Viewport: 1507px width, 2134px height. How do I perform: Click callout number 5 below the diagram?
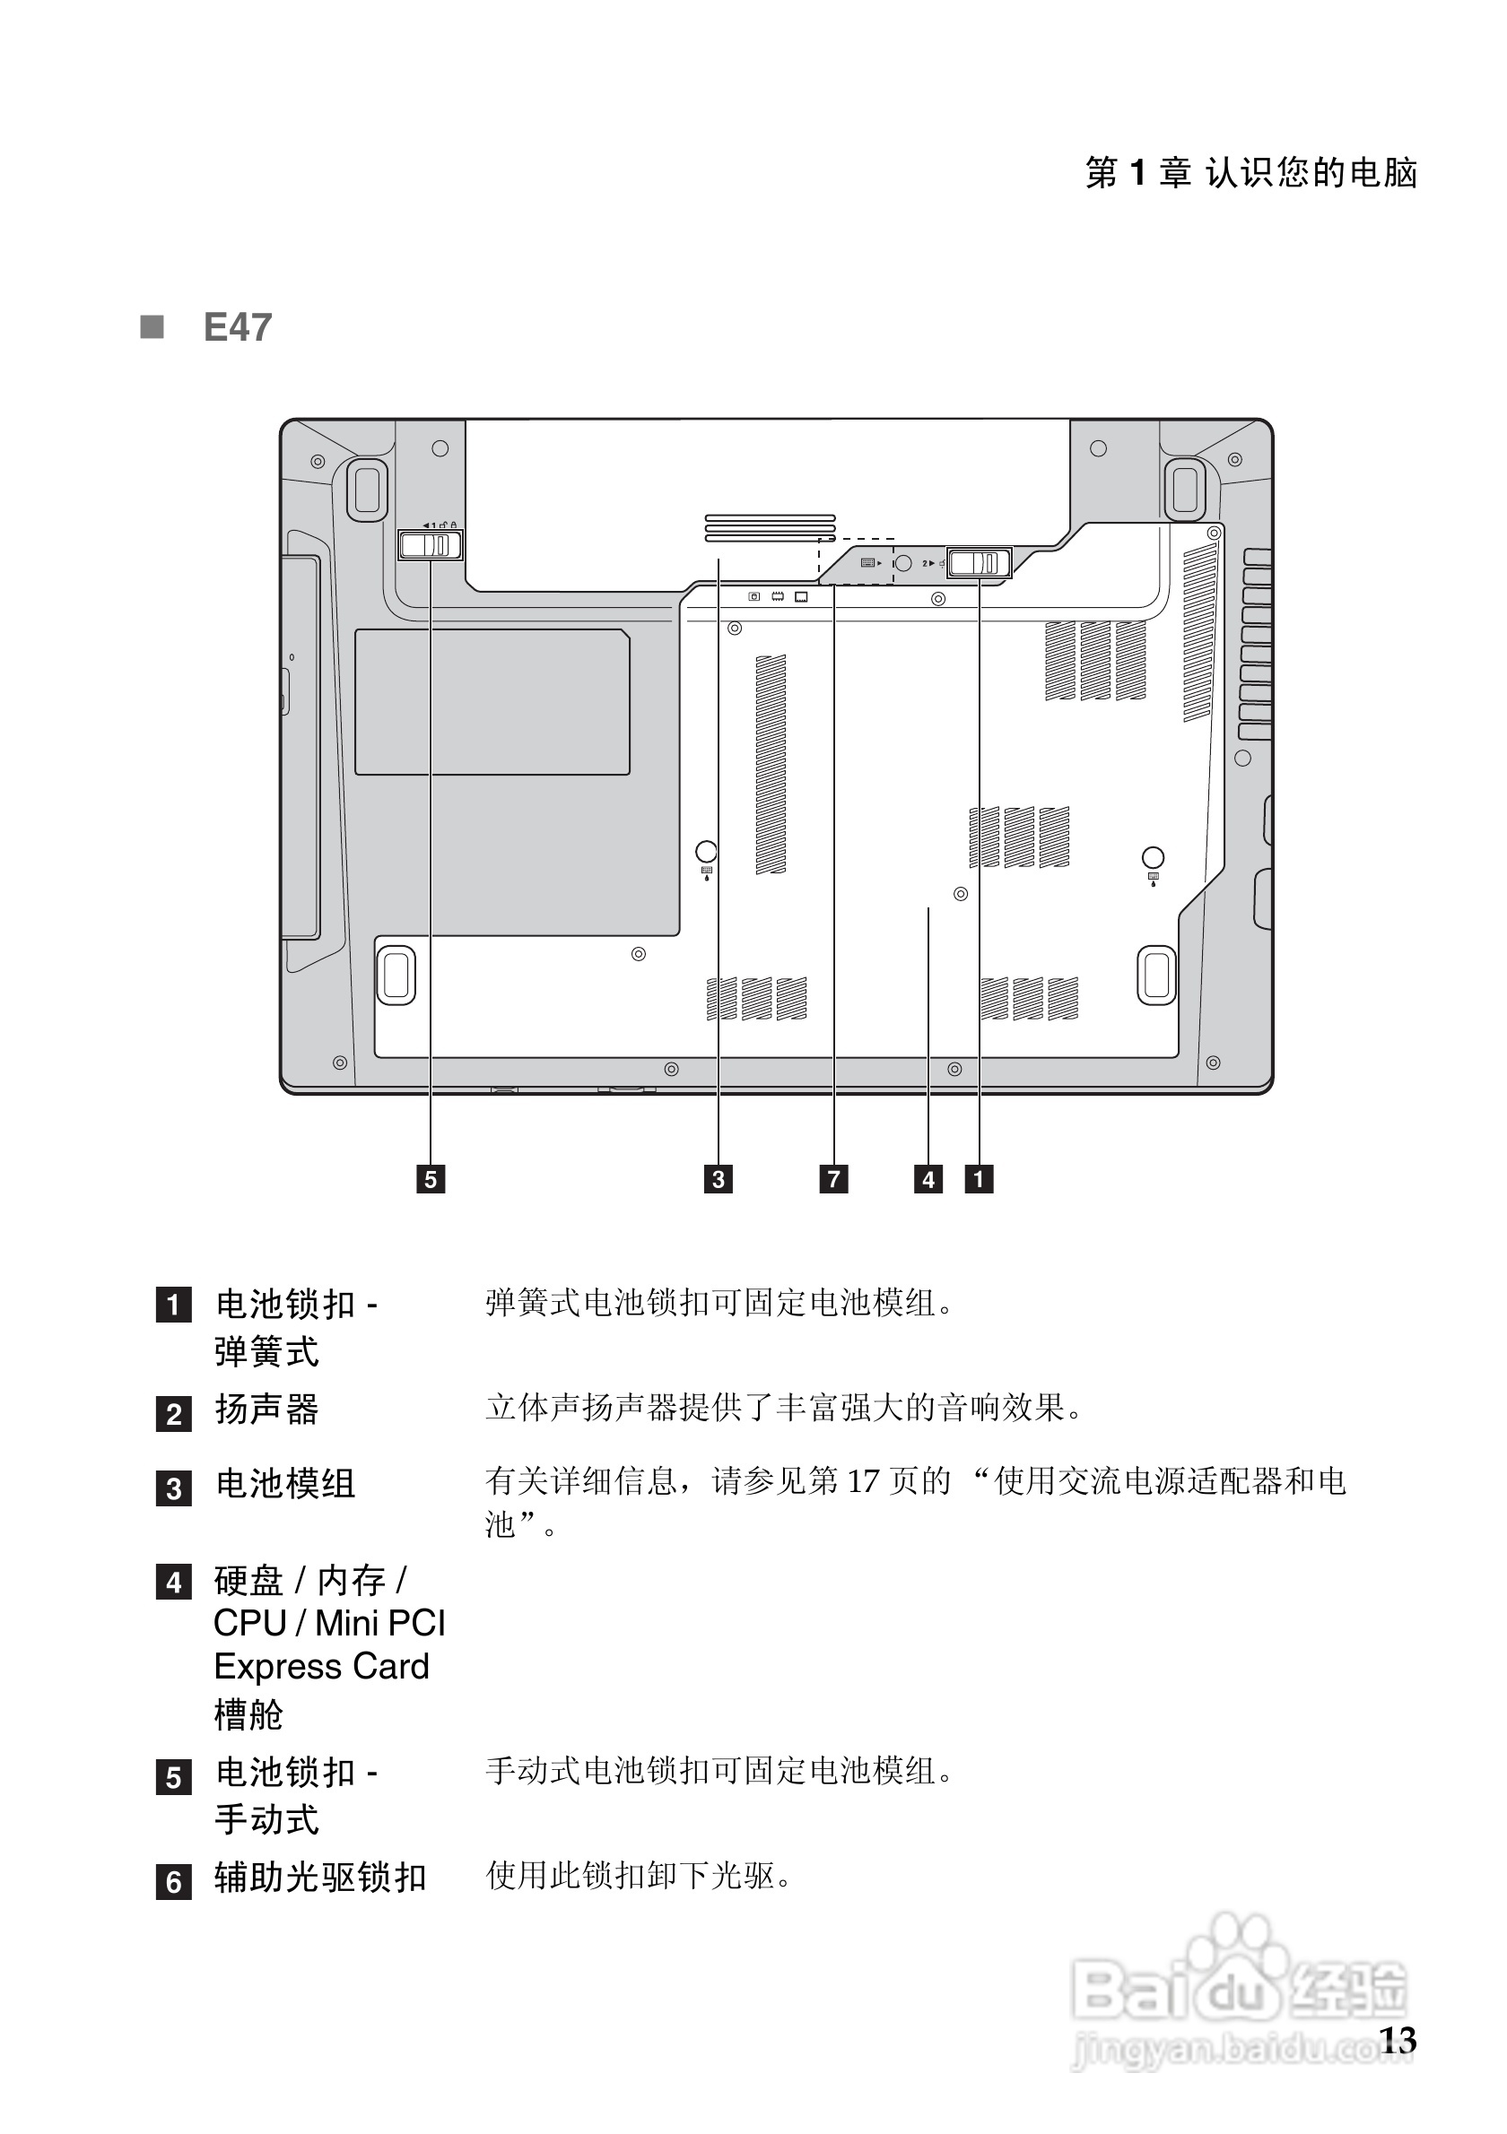[431, 1178]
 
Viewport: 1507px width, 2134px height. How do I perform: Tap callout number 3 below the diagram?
[718, 1178]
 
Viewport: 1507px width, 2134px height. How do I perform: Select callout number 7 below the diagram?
[833, 1178]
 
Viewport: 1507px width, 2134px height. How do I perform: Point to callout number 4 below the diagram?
[928, 1178]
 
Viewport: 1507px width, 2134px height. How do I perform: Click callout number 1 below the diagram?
[978, 1178]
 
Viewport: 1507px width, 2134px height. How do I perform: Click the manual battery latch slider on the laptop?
[431, 544]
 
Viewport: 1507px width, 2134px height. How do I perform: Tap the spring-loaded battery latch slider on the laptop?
[978, 563]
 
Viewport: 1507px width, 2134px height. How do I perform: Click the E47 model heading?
[237, 327]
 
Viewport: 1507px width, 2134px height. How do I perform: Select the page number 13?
[1398, 2039]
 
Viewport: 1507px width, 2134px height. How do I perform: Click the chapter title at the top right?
[1250, 173]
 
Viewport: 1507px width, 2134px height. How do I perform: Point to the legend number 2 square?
[174, 1414]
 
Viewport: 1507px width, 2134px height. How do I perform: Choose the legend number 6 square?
[174, 1881]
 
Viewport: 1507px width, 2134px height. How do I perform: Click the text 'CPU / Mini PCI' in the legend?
[329, 1623]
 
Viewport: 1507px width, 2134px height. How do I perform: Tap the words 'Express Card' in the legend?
[322, 1667]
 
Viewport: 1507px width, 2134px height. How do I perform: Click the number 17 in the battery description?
[863, 1480]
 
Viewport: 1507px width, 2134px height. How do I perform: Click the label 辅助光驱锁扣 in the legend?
[320, 1878]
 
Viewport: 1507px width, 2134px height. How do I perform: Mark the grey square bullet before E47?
[152, 327]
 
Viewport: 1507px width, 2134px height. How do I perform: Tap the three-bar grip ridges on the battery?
[770, 527]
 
